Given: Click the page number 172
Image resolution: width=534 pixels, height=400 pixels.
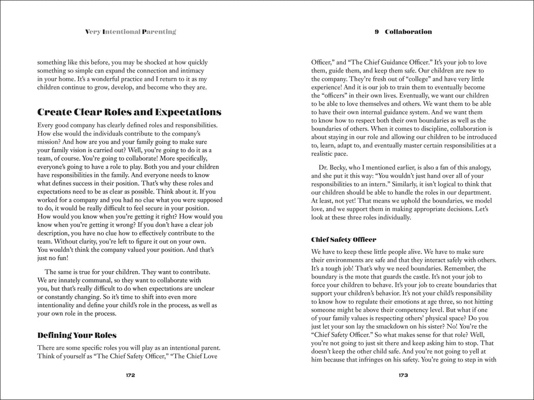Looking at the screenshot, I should point(130,375).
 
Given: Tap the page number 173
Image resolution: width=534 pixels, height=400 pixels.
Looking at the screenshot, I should point(403,375).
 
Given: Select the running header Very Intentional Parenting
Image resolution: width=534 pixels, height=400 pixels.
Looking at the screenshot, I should point(130,32).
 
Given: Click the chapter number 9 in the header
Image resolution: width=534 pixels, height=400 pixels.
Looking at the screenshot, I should point(377,32).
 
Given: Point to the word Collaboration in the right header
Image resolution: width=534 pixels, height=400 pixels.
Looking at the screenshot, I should point(408,32).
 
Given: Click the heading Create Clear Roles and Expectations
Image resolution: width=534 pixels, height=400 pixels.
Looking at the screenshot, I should point(130,112).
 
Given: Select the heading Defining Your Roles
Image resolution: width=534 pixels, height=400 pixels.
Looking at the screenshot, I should point(77,335).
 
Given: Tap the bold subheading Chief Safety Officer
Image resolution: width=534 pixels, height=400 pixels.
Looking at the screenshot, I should point(343,240).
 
